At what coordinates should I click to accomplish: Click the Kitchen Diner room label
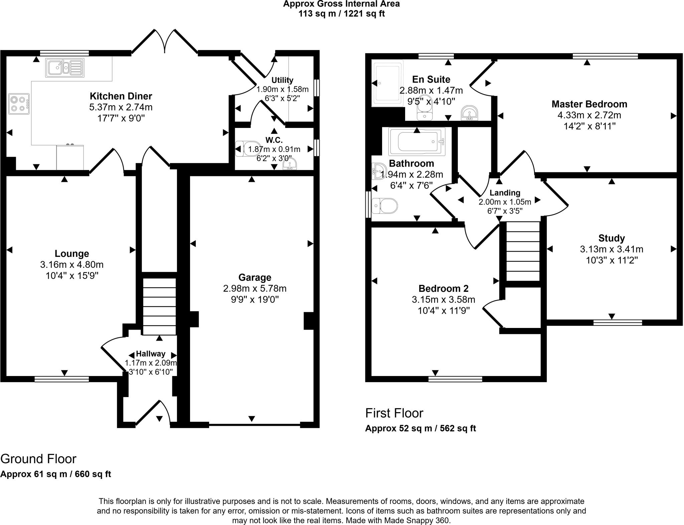pos(121,96)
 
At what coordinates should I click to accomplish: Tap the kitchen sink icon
pos(65,68)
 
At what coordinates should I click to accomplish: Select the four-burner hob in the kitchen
pos(19,104)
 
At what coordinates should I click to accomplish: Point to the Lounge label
pos(72,254)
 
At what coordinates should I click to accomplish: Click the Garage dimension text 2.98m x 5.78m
pos(255,288)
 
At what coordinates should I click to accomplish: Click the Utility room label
pos(282,80)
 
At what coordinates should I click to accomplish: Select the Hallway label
pos(151,354)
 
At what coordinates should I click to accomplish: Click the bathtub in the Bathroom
pos(417,142)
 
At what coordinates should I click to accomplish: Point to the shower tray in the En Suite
pos(387,83)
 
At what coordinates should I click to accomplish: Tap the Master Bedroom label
pos(589,104)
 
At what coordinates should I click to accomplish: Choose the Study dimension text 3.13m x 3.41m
pos(612,249)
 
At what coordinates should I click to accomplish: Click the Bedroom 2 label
pos(444,289)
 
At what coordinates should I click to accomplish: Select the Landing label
pos(505,193)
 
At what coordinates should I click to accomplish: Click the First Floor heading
pos(394,413)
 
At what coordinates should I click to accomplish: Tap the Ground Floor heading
pos(38,459)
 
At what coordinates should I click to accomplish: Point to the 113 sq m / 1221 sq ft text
pos(342,14)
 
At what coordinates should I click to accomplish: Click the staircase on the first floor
pos(523,251)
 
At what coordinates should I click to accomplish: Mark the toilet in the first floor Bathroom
pos(385,206)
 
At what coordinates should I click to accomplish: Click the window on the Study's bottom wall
pos(618,323)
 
